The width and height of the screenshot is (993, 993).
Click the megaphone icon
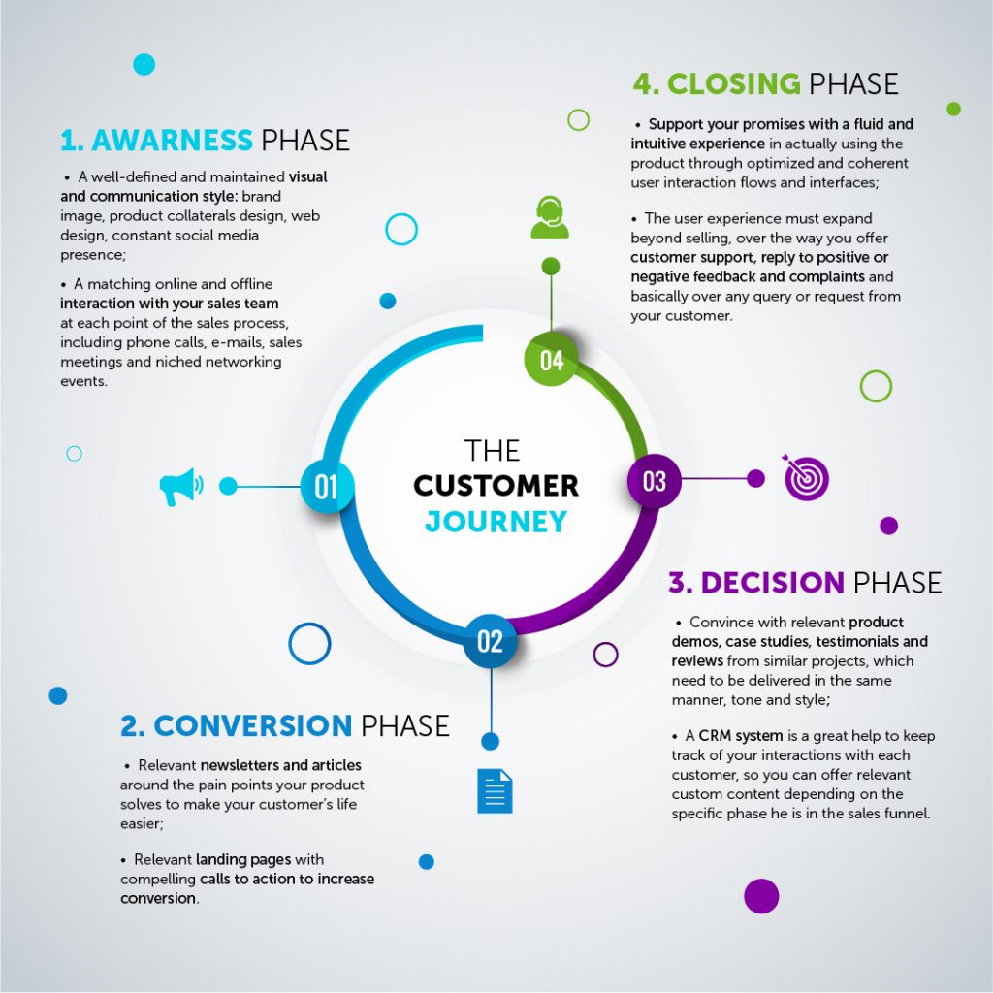180,487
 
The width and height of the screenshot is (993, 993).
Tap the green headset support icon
550,217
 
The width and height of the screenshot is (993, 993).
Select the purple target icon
806,477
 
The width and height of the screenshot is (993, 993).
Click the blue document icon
495,790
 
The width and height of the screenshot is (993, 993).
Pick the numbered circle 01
326,486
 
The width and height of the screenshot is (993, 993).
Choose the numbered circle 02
490,641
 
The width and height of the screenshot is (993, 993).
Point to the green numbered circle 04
551,360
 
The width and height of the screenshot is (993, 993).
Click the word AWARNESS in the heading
172,141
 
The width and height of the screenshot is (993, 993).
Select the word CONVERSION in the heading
252,725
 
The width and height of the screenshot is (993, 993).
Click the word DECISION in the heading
772,583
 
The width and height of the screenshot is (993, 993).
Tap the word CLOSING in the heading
733,83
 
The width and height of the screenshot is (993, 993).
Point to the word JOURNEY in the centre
496,522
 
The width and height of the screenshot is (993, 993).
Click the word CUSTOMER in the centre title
496,485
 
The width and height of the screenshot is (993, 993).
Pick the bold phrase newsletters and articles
281,765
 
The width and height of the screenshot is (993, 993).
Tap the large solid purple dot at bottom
761,896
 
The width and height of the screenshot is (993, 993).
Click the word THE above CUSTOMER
492,450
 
